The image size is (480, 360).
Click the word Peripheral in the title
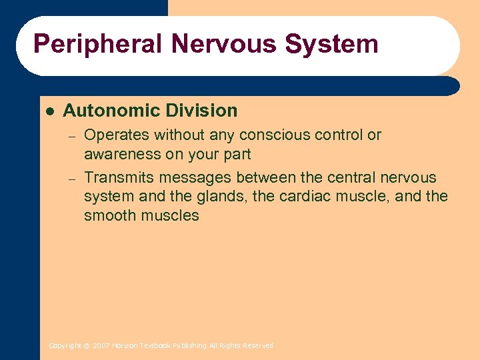coord(98,45)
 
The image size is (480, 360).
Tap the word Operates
coord(117,135)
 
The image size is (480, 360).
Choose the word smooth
coord(107,215)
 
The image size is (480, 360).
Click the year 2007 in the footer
coord(102,345)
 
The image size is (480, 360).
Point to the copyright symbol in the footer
coord(87,345)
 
